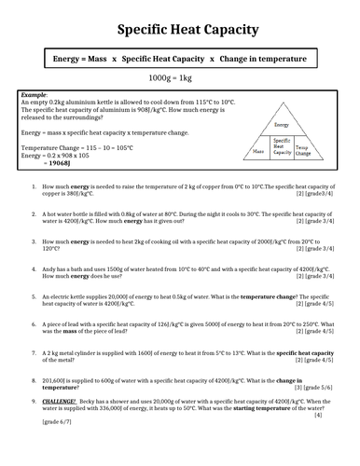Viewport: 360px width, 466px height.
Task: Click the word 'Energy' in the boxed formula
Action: tap(67, 59)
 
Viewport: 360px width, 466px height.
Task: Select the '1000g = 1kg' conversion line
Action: tap(179, 78)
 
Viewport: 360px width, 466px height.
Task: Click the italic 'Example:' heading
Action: tap(34, 94)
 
